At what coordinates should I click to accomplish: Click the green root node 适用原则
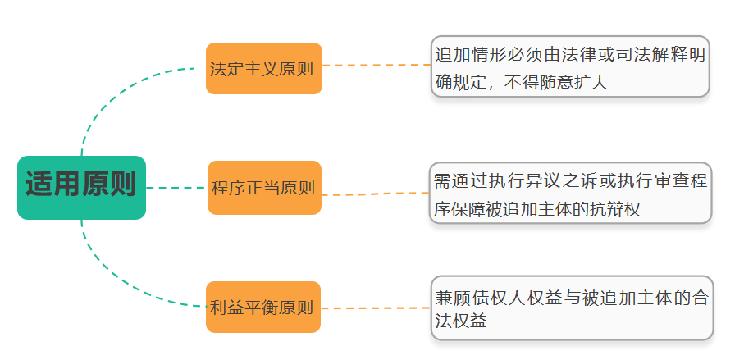pyautogui.click(x=81, y=187)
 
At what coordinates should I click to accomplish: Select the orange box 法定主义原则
pyautogui.click(x=263, y=69)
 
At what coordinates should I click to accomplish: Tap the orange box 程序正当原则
pyautogui.click(x=263, y=188)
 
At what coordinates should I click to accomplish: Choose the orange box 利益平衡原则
pyautogui.click(x=262, y=308)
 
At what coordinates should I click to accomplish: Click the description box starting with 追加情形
pyautogui.click(x=569, y=66)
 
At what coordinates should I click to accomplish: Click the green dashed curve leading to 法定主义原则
pyautogui.click(x=115, y=94)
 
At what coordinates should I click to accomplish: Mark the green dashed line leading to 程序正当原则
pyautogui.click(x=176, y=188)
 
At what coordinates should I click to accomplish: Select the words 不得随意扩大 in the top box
pyautogui.click(x=556, y=83)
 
